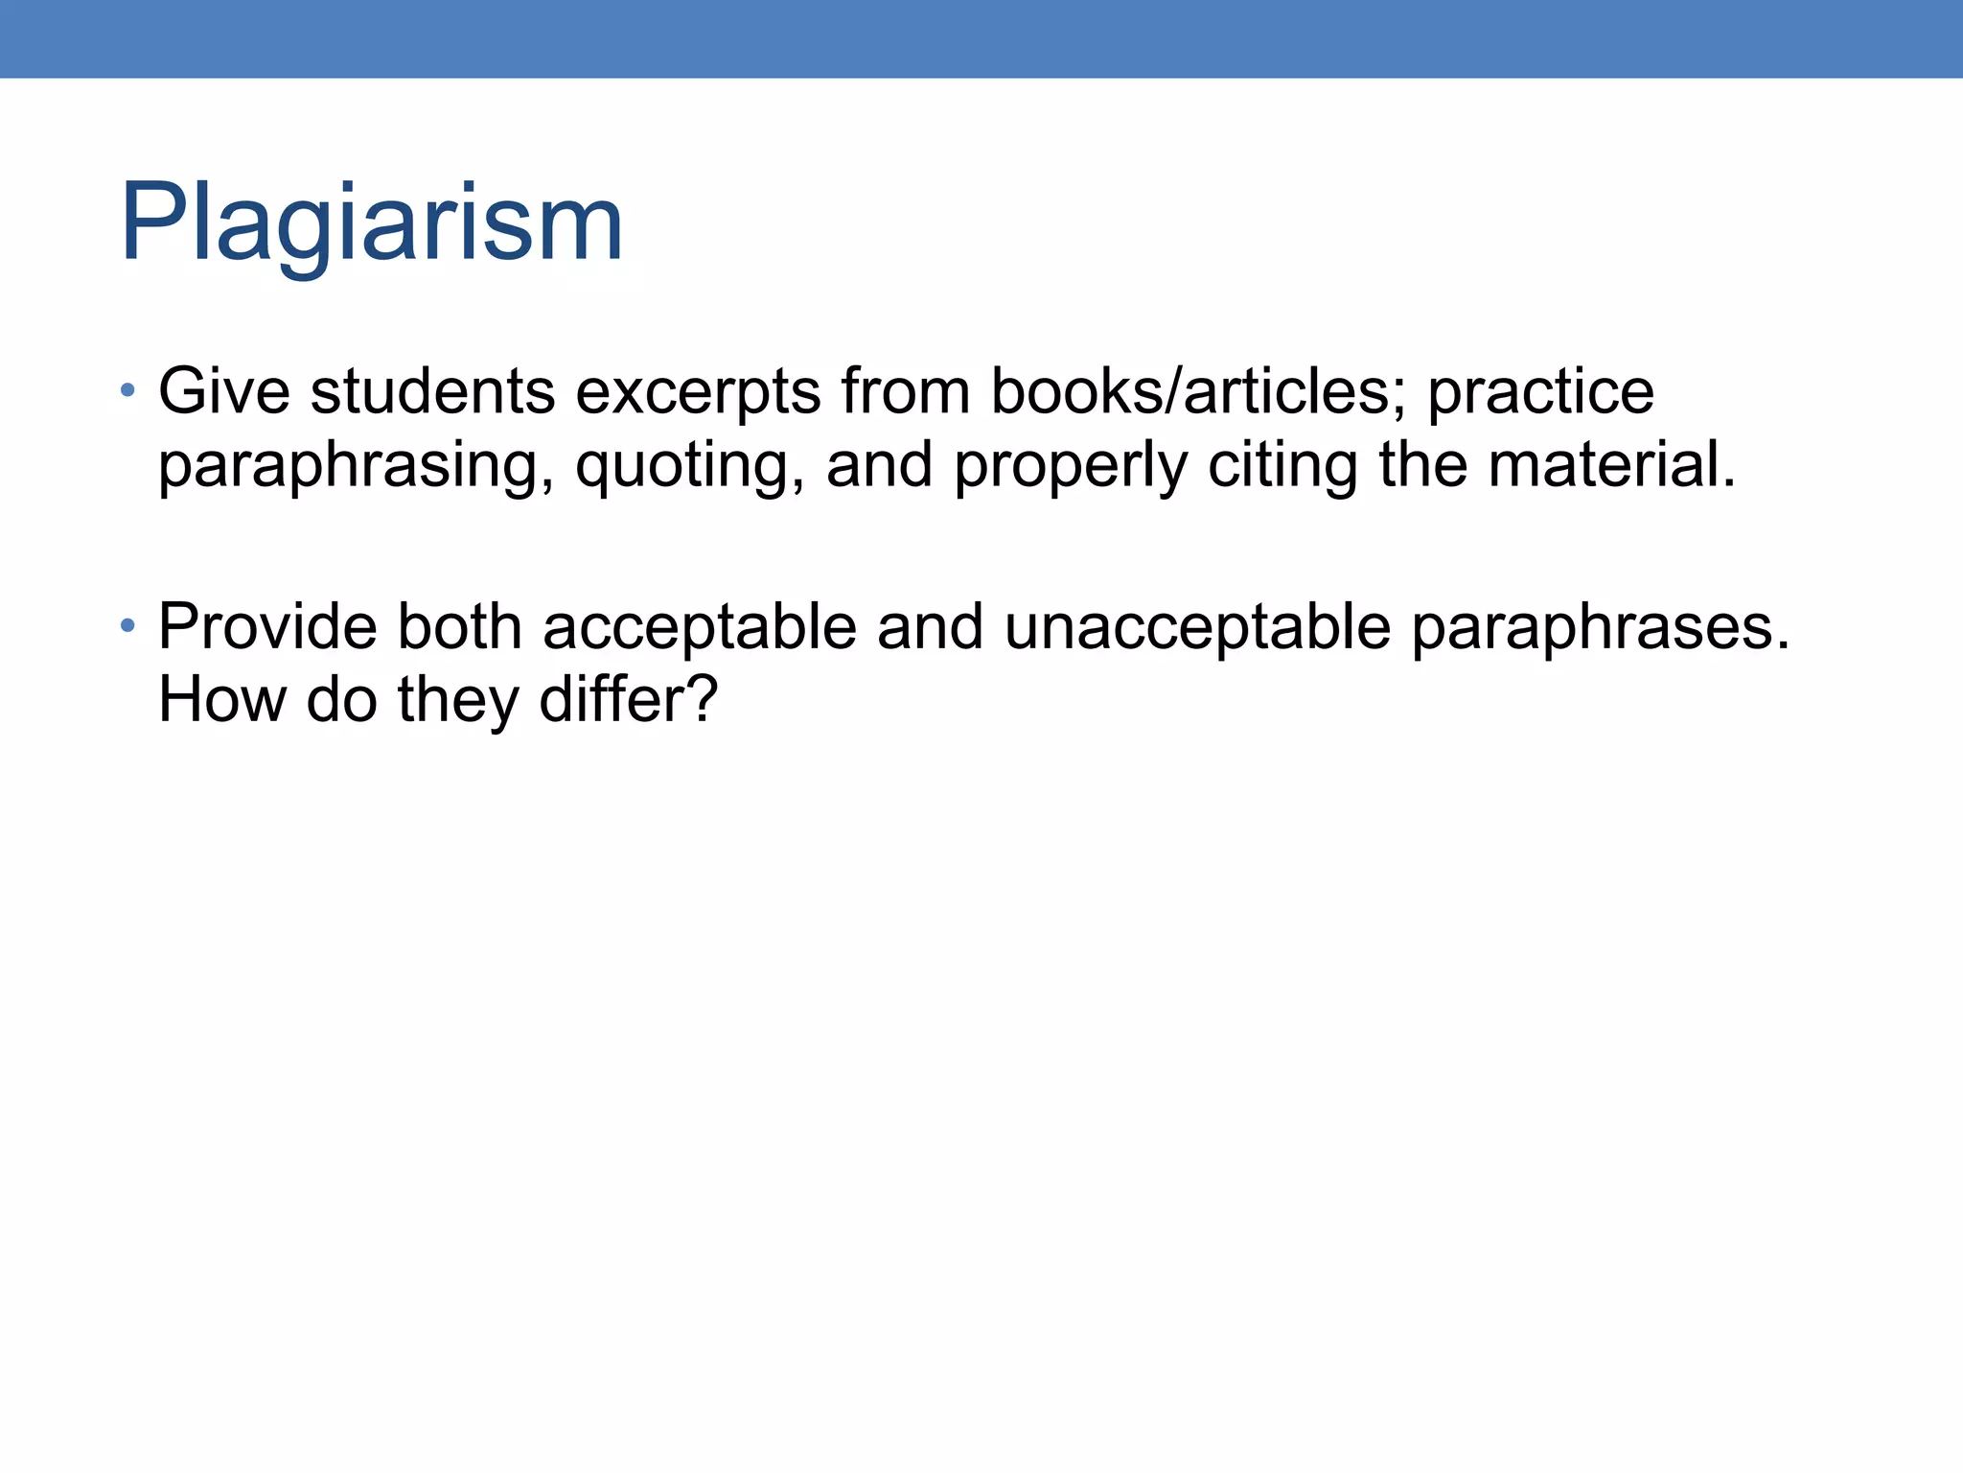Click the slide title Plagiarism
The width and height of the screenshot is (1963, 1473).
(x=371, y=222)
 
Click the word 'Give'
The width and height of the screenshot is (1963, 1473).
(x=223, y=391)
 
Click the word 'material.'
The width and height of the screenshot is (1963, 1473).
(x=1611, y=464)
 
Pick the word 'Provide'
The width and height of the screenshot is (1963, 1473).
(x=267, y=627)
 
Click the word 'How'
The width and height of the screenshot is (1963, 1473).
(x=221, y=699)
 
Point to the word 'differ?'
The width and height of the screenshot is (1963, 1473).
(x=628, y=699)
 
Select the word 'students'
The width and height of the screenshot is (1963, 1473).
(x=432, y=391)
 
